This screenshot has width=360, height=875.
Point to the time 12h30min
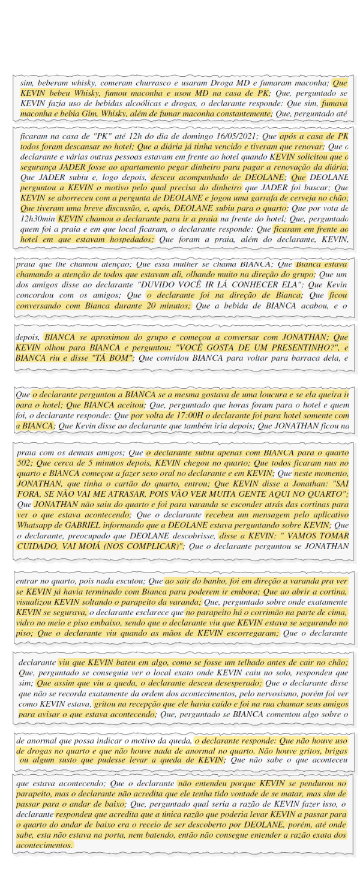(38, 219)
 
